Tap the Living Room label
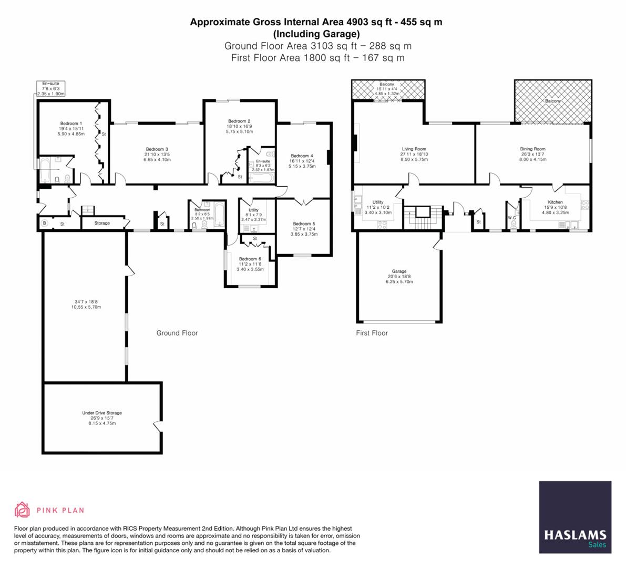click(414, 149)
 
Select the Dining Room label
click(532, 149)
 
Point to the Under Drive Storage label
click(102, 413)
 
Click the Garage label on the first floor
click(399, 271)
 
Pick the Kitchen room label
click(555, 202)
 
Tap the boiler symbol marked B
click(44, 224)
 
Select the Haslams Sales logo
click(575, 517)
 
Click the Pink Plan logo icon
click(23, 510)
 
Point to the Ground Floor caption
click(177, 333)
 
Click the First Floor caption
click(372, 333)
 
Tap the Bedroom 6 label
click(250, 259)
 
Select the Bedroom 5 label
click(303, 224)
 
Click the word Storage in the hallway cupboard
click(102, 223)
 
